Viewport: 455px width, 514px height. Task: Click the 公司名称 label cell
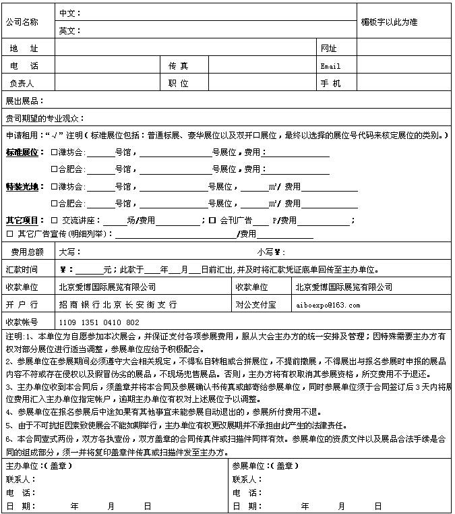(x=27, y=22)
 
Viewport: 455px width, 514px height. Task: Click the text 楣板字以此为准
(x=390, y=22)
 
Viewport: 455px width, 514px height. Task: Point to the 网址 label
(x=328, y=49)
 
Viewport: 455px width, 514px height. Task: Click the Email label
(x=330, y=66)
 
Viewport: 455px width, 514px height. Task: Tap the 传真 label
(x=179, y=66)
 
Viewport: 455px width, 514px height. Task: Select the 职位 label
(x=179, y=84)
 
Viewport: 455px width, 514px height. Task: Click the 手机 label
(x=330, y=84)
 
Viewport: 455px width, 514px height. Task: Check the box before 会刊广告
(x=212, y=221)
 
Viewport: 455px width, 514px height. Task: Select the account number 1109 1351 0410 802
(x=99, y=322)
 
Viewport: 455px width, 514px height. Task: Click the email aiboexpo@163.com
(x=328, y=305)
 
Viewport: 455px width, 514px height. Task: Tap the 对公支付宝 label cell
(x=255, y=305)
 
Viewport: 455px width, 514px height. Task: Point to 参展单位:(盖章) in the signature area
(x=265, y=466)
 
